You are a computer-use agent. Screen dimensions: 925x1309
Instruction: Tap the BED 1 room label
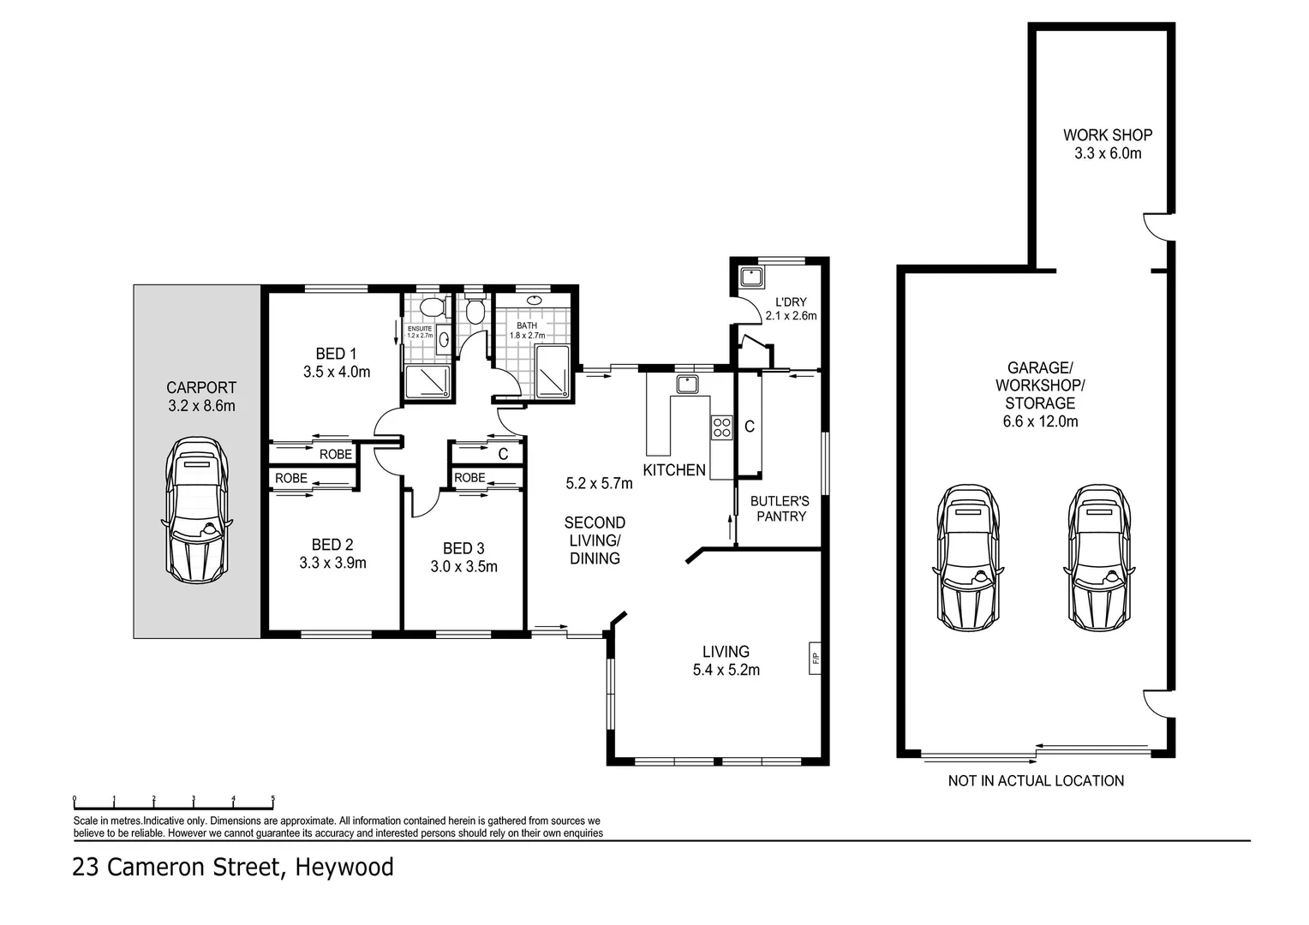(x=336, y=354)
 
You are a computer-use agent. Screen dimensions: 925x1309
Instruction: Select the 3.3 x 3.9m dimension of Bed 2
(x=332, y=563)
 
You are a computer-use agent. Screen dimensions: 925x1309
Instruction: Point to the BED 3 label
(x=463, y=548)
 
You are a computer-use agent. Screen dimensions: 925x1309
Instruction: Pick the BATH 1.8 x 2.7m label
(x=527, y=331)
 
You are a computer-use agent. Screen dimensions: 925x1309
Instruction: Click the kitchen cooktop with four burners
(x=721, y=426)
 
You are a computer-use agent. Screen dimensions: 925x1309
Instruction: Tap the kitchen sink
(x=688, y=383)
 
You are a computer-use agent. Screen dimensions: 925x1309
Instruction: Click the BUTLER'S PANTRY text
(x=780, y=509)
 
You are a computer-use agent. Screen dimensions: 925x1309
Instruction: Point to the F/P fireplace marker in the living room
(x=815, y=658)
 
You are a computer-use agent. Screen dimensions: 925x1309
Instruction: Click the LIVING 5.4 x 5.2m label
(x=726, y=660)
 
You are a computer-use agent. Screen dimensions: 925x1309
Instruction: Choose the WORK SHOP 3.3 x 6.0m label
(x=1108, y=144)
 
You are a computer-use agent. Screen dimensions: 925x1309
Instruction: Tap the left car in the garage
(x=968, y=557)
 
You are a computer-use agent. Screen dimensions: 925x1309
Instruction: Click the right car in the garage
(x=1098, y=557)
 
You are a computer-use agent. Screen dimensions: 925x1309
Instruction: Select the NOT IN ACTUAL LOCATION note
(x=1036, y=780)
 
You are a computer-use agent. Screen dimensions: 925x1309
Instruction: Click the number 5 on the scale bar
(x=273, y=798)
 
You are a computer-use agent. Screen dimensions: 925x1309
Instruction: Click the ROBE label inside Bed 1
(x=335, y=454)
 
